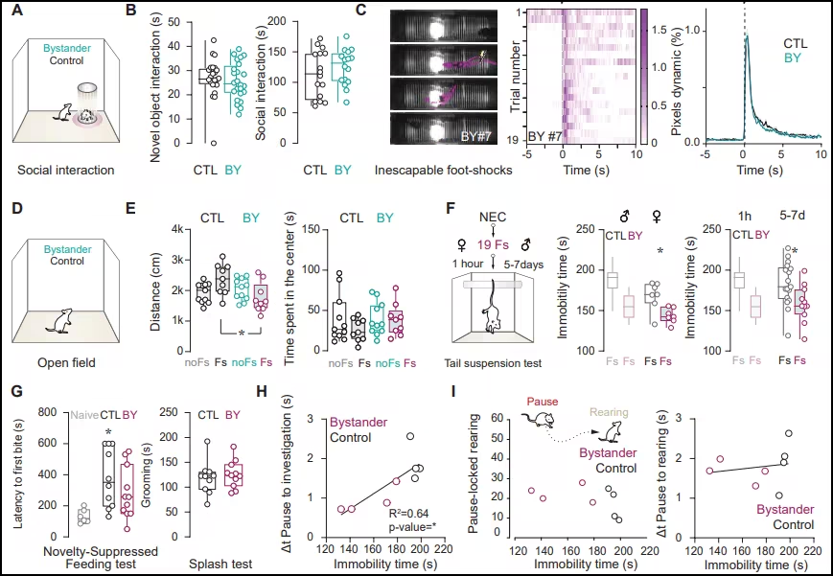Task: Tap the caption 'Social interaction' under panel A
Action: pyautogui.click(x=59, y=171)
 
